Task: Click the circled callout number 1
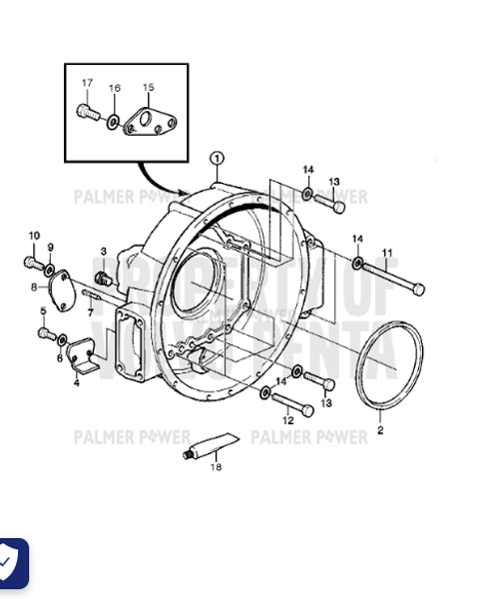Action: tap(218, 158)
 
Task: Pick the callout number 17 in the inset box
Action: tap(87, 83)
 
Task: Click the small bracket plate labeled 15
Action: tap(148, 122)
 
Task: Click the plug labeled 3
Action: tap(101, 276)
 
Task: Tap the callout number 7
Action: tap(90, 312)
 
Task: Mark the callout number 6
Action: tap(60, 357)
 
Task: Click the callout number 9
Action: tap(50, 248)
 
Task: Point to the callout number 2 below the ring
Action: tap(379, 431)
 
